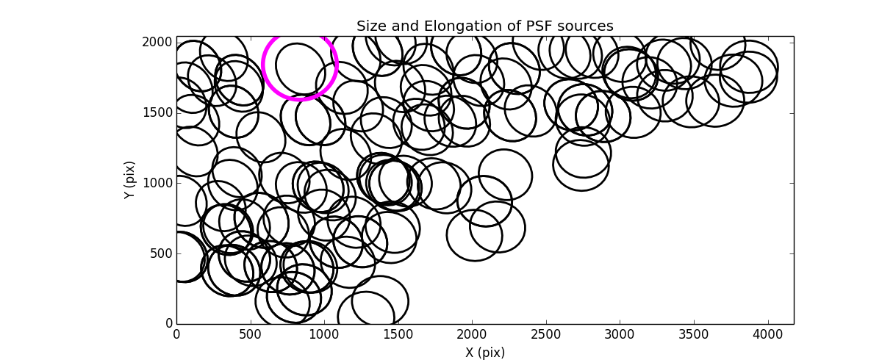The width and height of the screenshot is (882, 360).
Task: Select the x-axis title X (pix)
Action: [x=485, y=353]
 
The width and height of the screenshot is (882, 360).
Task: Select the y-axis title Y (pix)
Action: [x=129, y=180]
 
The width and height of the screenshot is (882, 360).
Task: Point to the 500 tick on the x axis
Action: [x=251, y=335]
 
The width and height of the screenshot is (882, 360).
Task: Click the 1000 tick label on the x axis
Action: [x=324, y=335]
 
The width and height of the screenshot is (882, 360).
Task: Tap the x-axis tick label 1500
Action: [x=398, y=335]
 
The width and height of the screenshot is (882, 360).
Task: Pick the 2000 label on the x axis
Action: [x=473, y=335]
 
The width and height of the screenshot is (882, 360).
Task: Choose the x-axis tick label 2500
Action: [x=547, y=335]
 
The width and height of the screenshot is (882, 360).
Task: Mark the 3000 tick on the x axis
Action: [x=620, y=335]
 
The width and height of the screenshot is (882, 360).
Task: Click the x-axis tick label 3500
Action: [x=695, y=335]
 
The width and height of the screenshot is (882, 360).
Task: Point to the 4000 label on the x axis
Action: [x=769, y=335]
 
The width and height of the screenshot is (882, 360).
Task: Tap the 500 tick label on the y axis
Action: [x=159, y=253]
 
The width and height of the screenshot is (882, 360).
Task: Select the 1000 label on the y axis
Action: [x=157, y=183]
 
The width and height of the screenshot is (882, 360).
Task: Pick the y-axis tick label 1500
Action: [x=157, y=112]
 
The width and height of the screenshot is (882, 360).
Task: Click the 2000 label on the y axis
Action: [x=157, y=42]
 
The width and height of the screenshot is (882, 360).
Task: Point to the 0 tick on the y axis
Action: [x=168, y=323]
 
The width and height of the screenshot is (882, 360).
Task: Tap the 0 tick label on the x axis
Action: [x=176, y=335]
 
